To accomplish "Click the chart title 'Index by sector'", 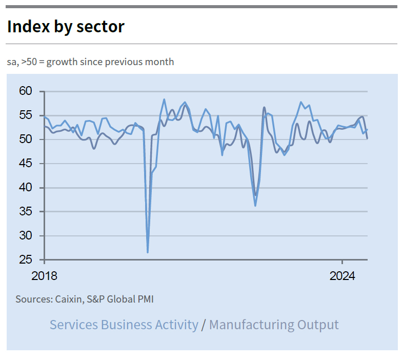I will pyautogui.click(x=66, y=27).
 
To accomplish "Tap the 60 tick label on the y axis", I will pyautogui.click(x=26, y=91).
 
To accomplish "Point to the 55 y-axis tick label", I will pyautogui.click(x=26, y=115).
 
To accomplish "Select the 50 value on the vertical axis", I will pyautogui.click(x=26, y=139).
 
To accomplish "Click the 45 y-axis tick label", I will pyautogui.click(x=26, y=164).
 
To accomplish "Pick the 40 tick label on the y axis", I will pyautogui.click(x=26, y=188).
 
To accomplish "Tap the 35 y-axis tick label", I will pyautogui.click(x=26, y=212).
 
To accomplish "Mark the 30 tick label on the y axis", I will pyautogui.click(x=26, y=236).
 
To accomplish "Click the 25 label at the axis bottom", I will pyautogui.click(x=26, y=260).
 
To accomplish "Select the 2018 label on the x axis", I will pyautogui.click(x=45, y=276).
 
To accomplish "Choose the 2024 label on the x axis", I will pyautogui.click(x=342, y=276).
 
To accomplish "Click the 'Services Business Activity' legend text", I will pyautogui.click(x=124, y=325).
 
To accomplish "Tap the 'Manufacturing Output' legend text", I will pyautogui.click(x=274, y=325).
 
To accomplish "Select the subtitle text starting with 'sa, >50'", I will pyautogui.click(x=90, y=62).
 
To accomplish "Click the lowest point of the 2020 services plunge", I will pyautogui.click(x=148, y=252).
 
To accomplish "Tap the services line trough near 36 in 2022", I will pyautogui.click(x=255, y=206).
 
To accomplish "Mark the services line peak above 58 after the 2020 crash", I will pyautogui.click(x=164, y=99).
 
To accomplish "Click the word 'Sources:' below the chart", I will pyautogui.click(x=34, y=299).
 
